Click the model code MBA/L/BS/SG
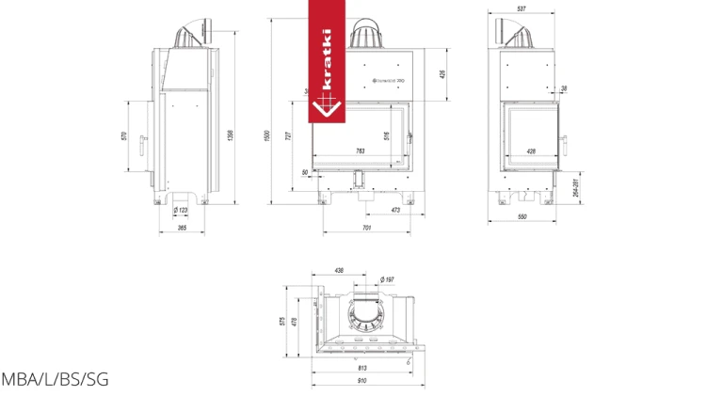pyautogui.click(x=55, y=380)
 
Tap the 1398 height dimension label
pyautogui.click(x=230, y=136)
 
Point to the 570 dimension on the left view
pyautogui.click(x=123, y=136)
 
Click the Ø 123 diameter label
pyautogui.click(x=181, y=210)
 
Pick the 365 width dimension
pyautogui.click(x=182, y=229)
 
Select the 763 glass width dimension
pyautogui.click(x=360, y=150)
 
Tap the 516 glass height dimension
pyautogui.click(x=387, y=135)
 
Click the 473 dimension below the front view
pyautogui.click(x=394, y=211)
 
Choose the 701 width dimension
pyautogui.click(x=366, y=229)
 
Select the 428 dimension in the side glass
pyautogui.click(x=531, y=150)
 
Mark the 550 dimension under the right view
pyautogui.click(x=521, y=217)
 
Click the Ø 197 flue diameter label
pyautogui.click(x=387, y=279)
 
